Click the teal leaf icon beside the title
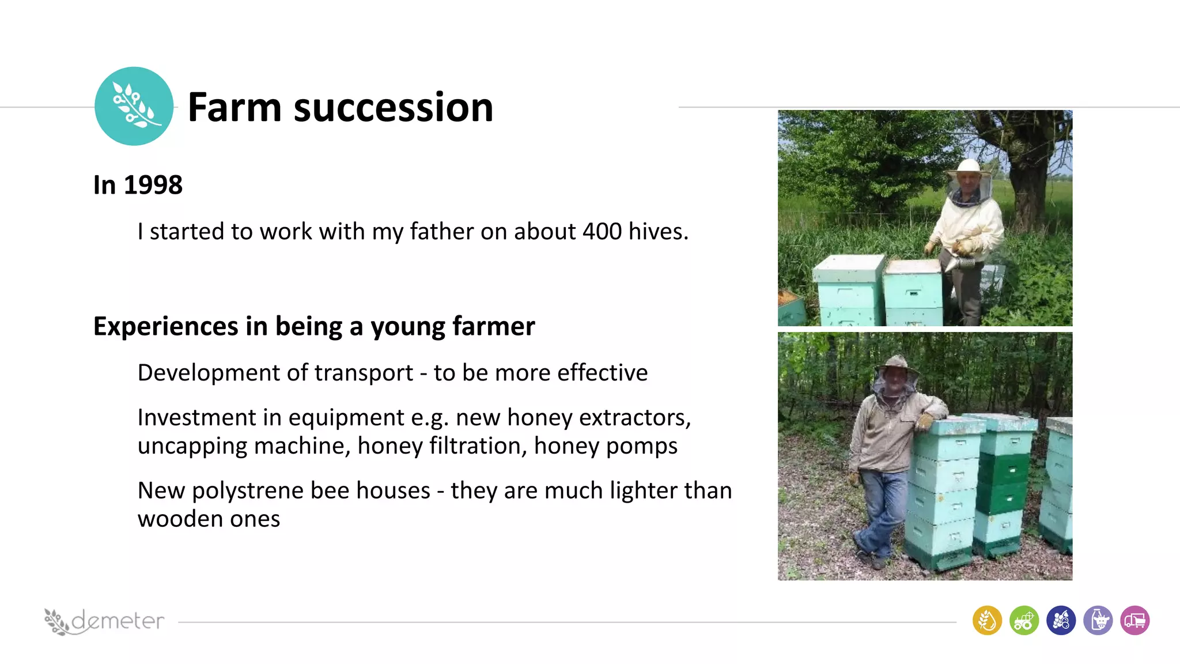(134, 106)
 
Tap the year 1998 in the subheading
(153, 185)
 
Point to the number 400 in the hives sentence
(602, 232)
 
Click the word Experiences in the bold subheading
(165, 326)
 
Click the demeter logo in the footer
(104, 621)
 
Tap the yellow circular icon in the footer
(987, 621)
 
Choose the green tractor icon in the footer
(1024, 621)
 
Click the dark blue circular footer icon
(1061, 621)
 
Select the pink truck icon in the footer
(1134, 621)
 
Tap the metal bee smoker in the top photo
(958, 263)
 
